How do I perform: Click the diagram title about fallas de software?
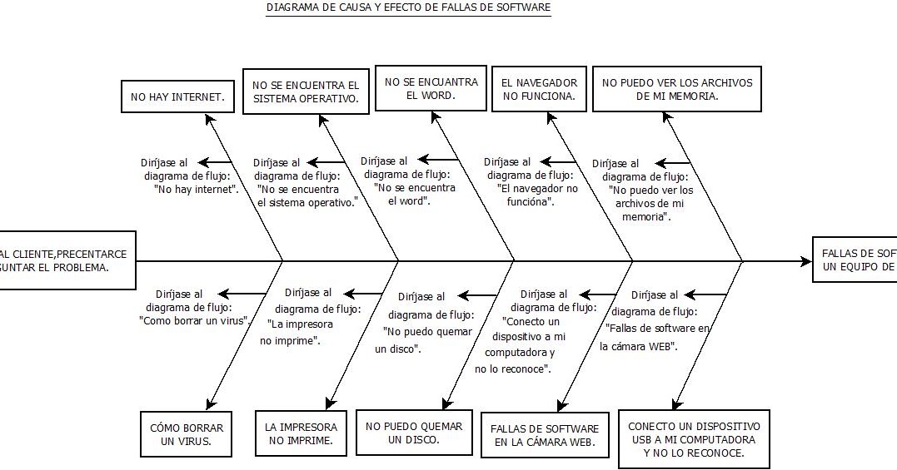point(408,8)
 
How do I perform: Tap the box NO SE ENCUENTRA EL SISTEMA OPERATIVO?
point(306,92)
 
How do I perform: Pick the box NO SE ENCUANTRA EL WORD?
point(431,89)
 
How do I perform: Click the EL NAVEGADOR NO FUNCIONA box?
point(539,89)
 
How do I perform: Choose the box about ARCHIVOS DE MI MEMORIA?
point(676,89)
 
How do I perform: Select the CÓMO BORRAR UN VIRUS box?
point(186,435)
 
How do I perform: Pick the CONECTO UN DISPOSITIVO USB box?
point(694,439)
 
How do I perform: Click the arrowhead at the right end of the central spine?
point(806,261)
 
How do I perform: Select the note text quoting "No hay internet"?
point(189,176)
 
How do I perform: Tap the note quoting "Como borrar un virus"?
point(197,306)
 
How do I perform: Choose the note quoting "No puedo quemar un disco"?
point(425,322)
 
